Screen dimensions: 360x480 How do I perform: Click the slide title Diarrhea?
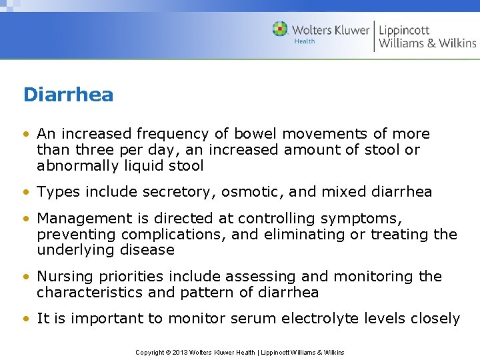tap(68, 95)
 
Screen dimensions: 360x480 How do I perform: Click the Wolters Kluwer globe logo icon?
tap(281, 29)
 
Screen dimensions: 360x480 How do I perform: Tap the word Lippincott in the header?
tap(404, 30)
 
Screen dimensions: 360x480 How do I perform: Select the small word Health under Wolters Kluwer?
tap(305, 41)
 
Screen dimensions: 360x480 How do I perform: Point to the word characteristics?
tap(86, 293)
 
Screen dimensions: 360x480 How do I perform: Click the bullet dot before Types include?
tap(27, 193)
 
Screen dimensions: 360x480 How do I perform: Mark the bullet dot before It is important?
tap(27, 319)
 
